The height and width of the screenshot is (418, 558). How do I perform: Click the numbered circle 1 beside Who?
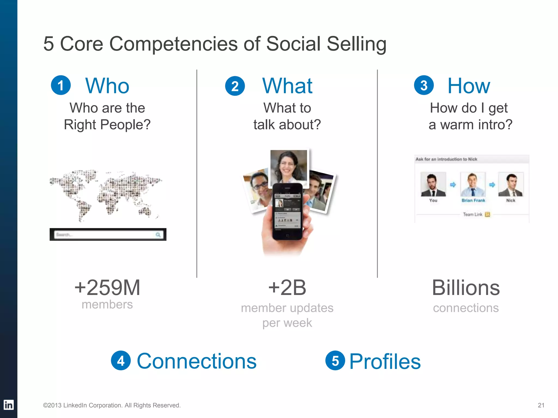[x=61, y=85]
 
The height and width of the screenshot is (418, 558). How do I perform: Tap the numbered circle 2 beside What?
[x=235, y=86]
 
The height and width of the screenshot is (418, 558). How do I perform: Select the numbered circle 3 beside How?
[x=424, y=85]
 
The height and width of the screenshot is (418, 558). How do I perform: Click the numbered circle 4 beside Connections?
[x=121, y=361]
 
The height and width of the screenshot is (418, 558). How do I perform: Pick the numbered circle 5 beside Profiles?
[x=335, y=361]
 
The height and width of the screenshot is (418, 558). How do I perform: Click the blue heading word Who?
[x=107, y=86]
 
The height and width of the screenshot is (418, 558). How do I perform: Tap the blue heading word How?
[x=469, y=86]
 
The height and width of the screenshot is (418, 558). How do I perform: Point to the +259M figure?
[x=107, y=287]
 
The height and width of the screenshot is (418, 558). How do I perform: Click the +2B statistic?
[x=287, y=287]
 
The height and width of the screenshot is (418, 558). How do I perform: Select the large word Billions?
[x=466, y=288]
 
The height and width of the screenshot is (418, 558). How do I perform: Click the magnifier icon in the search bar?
[x=158, y=235]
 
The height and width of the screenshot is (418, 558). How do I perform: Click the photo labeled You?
[x=433, y=184]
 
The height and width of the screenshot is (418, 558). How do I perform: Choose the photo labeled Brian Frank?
[x=473, y=184]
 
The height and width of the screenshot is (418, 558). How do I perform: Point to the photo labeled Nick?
[x=511, y=184]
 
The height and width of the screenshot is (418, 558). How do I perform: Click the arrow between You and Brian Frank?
[x=453, y=185]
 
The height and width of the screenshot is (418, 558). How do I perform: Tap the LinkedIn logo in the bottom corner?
[x=8, y=405]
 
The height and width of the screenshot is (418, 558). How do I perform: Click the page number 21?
[x=541, y=405]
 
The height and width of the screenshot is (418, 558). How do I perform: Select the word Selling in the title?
[x=356, y=44]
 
